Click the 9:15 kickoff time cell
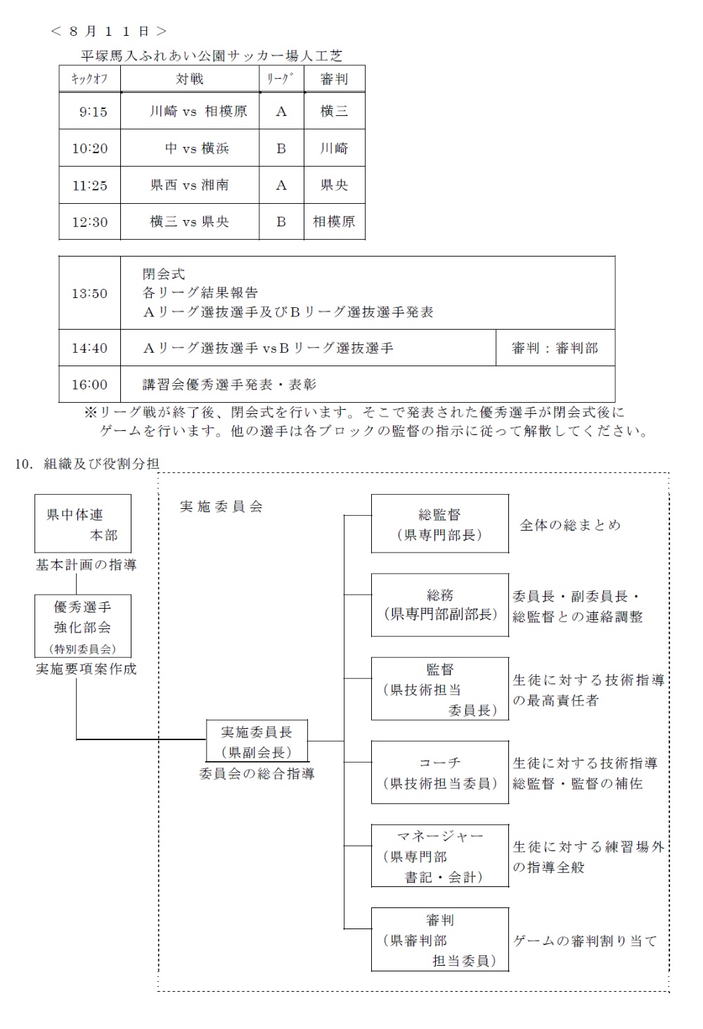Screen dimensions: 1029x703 [89, 111]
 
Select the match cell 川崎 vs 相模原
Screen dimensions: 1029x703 [190, 111]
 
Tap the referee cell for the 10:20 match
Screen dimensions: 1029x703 [334, 148]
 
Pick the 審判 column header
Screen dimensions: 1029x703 [334, 79]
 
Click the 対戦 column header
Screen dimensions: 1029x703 [190, 79]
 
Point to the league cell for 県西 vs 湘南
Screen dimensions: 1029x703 [281, 185]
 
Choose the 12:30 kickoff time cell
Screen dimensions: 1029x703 [89, 222]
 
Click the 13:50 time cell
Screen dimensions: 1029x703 [89, 293]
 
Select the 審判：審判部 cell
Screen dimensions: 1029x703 [555, 348]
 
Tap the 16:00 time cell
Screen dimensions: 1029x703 [89, 384]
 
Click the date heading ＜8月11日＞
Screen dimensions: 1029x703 [109, 31]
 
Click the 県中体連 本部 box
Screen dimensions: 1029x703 [83, 524]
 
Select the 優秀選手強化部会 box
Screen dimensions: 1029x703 [83, 626]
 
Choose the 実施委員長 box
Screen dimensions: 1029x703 [257, 741]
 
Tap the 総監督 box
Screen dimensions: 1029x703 [439, 524]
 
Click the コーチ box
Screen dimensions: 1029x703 [439, 772]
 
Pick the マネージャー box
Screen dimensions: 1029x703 [439, 855]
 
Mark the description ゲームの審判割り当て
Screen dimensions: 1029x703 [585, 940]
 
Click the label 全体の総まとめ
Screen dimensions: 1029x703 [570, 525]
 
